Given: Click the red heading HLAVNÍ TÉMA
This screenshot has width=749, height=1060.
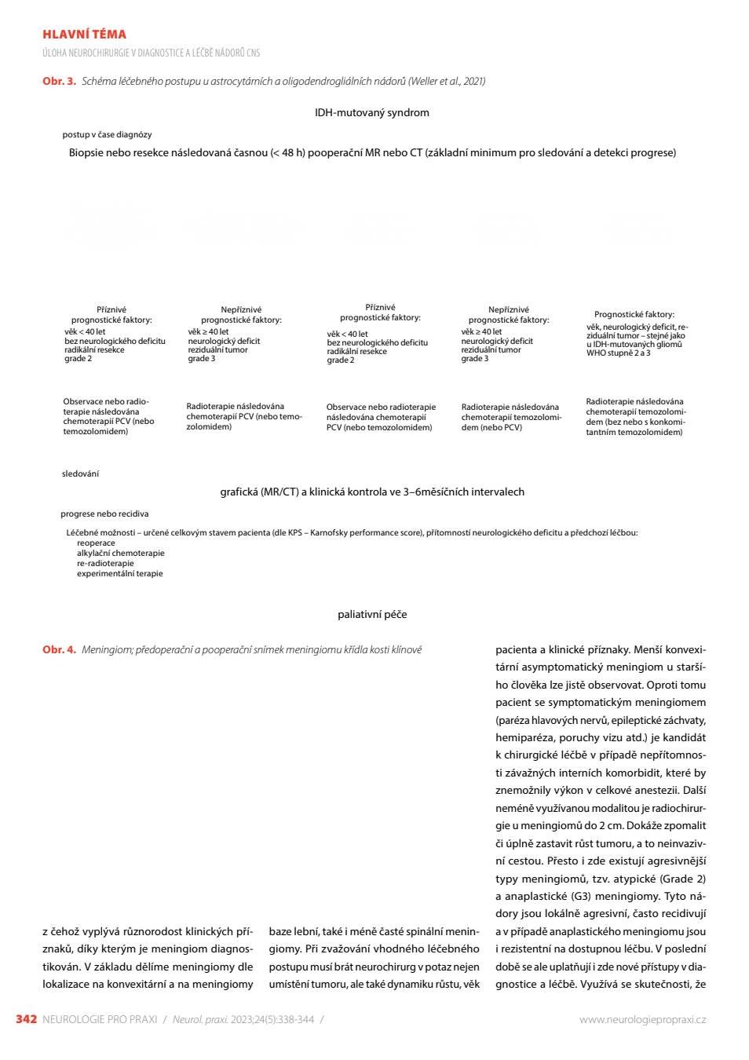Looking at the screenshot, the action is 84,35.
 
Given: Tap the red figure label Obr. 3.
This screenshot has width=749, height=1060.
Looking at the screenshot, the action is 59,81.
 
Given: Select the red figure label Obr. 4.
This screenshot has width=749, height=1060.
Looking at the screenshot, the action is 59,649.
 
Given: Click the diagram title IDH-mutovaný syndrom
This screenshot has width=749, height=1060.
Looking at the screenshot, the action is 372,112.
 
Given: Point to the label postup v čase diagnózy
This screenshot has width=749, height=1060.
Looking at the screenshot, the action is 107,135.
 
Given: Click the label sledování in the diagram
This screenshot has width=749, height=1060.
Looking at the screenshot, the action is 80,473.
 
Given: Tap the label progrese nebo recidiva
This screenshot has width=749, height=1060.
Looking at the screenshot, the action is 104,514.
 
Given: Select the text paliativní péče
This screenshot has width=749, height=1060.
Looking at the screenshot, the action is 372,615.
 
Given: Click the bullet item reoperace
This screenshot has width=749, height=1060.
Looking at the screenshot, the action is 96,543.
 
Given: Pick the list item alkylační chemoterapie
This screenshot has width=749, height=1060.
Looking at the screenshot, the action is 121,554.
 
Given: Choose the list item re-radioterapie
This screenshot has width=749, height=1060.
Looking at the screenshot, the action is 105,563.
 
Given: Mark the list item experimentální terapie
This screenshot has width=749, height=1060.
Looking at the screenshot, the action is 119,573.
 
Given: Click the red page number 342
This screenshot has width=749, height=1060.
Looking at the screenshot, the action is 27,1019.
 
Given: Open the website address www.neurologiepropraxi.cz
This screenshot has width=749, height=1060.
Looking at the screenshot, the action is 642,1020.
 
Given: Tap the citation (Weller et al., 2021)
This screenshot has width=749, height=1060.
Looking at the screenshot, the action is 447,82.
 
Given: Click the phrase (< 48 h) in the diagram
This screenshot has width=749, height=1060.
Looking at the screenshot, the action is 287,153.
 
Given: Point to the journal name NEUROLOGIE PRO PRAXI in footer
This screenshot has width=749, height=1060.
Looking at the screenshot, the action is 100,1020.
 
